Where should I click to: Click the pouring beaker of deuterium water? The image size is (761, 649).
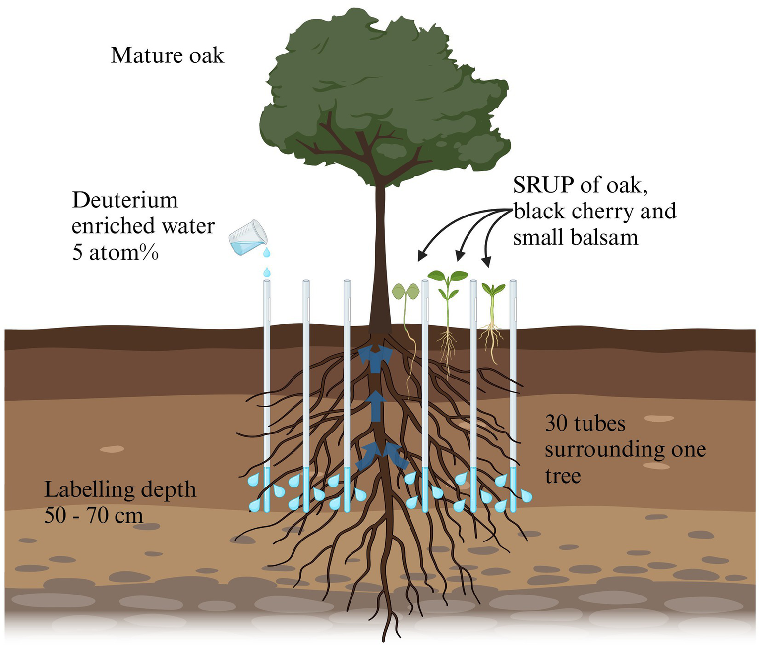[x=246, y=238]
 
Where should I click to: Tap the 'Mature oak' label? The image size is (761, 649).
[x=167, y=55]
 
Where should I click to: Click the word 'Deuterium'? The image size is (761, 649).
[x=125, y=200]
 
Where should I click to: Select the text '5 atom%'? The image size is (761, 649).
[x=115, y=253]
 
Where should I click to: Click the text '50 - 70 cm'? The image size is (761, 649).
[x=94, y=515]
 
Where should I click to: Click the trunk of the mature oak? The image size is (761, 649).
[x=380, y=258]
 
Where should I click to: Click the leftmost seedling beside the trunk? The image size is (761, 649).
[x=406, y=317]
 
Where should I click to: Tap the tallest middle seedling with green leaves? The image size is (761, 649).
[x=447, y=307]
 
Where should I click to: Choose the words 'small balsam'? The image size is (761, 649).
[x=575, y=238]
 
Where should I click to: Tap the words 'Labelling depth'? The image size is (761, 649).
[x=120, y=489]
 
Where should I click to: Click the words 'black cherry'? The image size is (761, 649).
[x=563, y=211]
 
